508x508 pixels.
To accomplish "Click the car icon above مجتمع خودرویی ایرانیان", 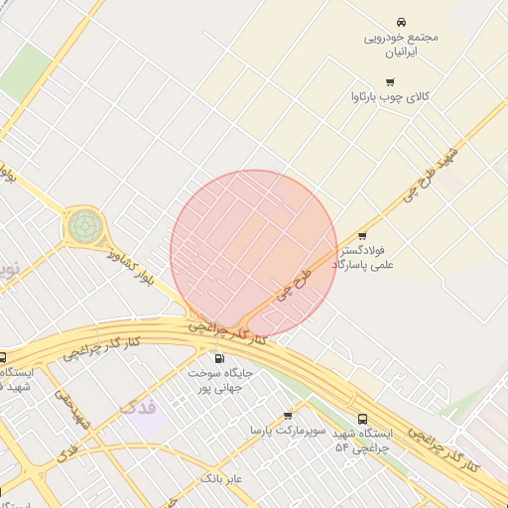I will [401, 22].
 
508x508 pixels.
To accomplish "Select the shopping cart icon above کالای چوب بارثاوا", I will [390, 81].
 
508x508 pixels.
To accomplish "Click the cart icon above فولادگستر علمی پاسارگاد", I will [362, 236].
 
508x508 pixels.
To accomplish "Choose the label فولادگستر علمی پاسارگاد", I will [368, 258].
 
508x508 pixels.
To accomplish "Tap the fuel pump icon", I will [218, 358].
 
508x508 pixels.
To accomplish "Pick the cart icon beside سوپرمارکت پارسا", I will [288, 416].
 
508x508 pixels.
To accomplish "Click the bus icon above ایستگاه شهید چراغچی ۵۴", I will [363, 419].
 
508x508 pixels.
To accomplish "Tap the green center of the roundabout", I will [83, 226].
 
